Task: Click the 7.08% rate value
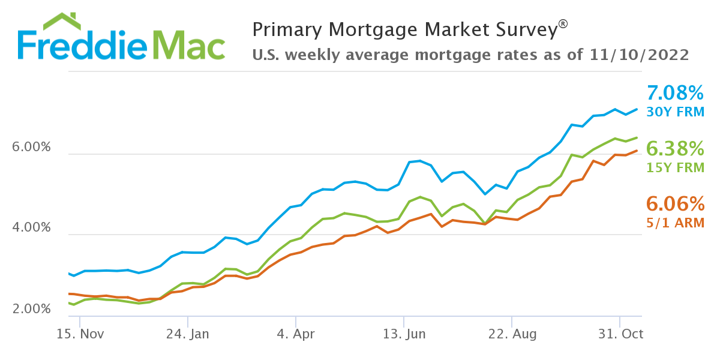tap(675, 93)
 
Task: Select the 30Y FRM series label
tap(675, 112)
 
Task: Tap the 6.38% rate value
tap(675, 148)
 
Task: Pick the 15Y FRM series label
tap(675, 168)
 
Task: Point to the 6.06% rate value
tap(675, 204)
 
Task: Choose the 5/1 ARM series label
tap(675, 223)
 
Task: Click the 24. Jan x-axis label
tap(187, 334)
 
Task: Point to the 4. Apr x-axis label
tap(295, 334)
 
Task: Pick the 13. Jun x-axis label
tap(403, 334)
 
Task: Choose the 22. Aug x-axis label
tap(511, 334)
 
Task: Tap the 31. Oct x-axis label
tap(619, 334)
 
